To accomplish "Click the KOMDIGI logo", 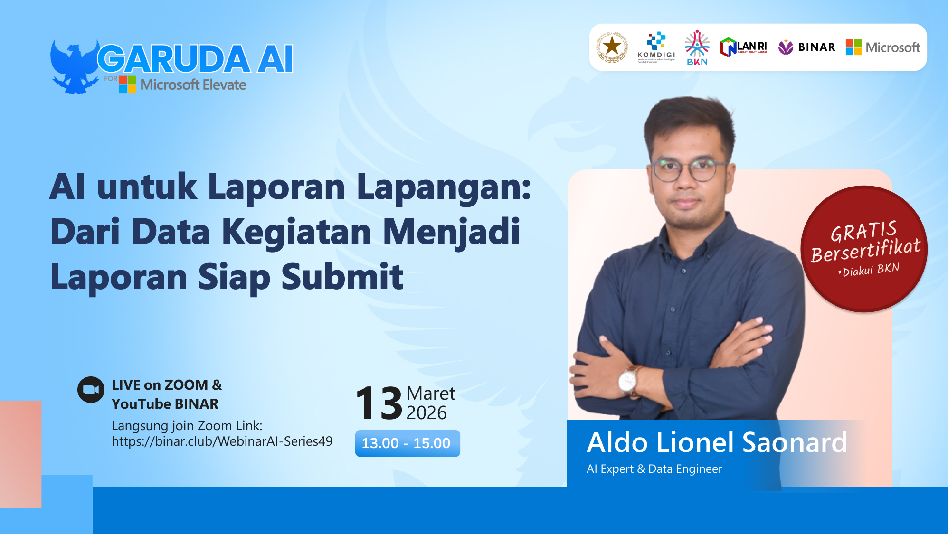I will pos(656,47).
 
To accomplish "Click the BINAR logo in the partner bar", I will pos(807,47).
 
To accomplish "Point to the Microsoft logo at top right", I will pos(882,47).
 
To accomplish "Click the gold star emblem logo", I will pos(612,47).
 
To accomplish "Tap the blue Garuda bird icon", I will pos(74,66).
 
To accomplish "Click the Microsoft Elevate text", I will pos(193,85).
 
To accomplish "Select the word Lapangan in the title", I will pos(444,187).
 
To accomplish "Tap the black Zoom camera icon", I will pos(91,390).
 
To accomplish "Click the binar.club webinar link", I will pos(222,441).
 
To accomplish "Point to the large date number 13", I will pos(379,403).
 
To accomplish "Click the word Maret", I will pos(430,393).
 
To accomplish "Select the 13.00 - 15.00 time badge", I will pos(407,443).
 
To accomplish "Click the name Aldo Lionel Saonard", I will pos(716,442).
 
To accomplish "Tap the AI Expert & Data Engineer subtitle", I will pos(654,469).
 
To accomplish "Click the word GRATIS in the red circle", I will pos(863,231).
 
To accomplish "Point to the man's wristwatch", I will pos(628,380).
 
